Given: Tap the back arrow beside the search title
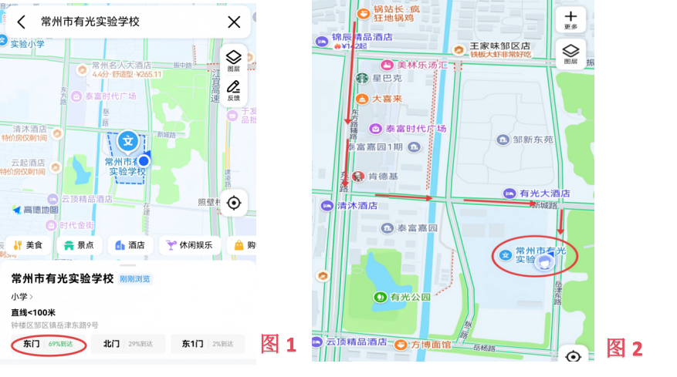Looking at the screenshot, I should pyautogui.click(x=21, y=22).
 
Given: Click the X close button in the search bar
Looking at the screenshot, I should pyautogui.click(x=234, y=22).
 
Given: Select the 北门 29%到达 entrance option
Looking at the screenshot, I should pyautogui.click(x=127, y=344).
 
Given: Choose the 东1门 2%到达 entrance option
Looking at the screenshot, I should pyautogui.click(x=207, y=344).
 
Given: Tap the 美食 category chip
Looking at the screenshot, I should pyautogui.click(x=28, y=245).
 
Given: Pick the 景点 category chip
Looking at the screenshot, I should pyautogui.click(x=79, y=245).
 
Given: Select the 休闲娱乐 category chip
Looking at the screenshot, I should pyautogui.click(x=190, y=245).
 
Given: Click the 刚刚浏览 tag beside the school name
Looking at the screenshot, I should pyautogui.click(x=135, y=279).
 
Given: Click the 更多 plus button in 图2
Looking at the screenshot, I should pyautogui.click(x=570, y=19).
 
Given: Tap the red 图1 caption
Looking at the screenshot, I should pyautogui.click(x=279, y=345).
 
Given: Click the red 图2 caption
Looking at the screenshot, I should pyautogui.click(x=625, y=348).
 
